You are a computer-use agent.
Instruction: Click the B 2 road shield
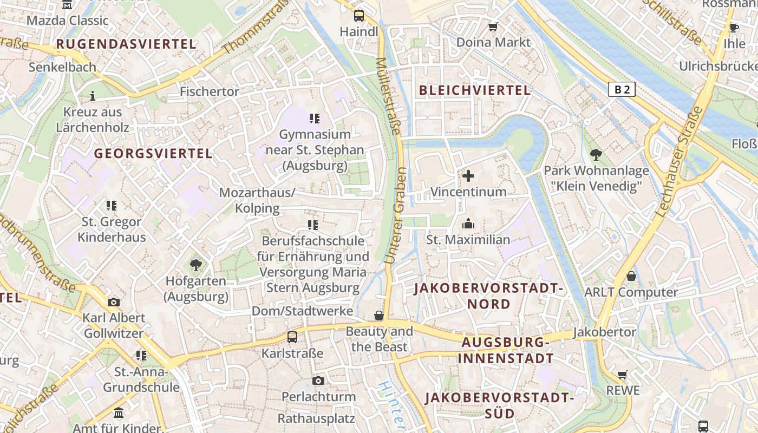[621, 89]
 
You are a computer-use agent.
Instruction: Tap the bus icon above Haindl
[359, 16]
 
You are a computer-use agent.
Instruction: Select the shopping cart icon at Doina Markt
[493, 27]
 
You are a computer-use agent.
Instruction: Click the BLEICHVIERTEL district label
[475, 90]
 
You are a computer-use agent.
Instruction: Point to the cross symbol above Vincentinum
[468, 176]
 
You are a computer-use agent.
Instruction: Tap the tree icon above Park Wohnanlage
[596, 155]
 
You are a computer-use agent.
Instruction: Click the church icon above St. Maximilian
[468, 224]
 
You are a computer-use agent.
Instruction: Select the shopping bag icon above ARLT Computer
[631, 277]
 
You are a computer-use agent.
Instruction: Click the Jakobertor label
[604, 332]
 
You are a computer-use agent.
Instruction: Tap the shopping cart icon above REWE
[623, 375]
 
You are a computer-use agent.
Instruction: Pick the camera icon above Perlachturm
[318, 381]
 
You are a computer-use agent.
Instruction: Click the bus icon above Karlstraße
[292, 337]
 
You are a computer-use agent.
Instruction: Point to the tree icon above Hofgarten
[195, 265]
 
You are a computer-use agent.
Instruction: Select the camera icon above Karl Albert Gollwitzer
[114, 302]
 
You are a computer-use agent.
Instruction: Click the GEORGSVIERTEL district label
[153, 153]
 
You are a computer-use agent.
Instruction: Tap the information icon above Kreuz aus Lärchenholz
[93, 96]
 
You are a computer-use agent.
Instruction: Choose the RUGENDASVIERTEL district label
[126, 44]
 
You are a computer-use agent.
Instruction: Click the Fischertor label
[209, 91]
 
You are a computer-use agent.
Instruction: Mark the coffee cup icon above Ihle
[734, 28]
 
